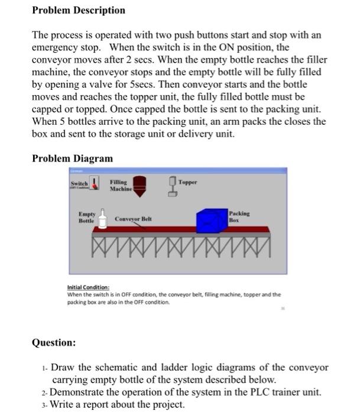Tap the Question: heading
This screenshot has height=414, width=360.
[54, 342]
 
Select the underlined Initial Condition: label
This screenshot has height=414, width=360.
[87, 288]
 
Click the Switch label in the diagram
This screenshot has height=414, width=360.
[79, 184]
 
